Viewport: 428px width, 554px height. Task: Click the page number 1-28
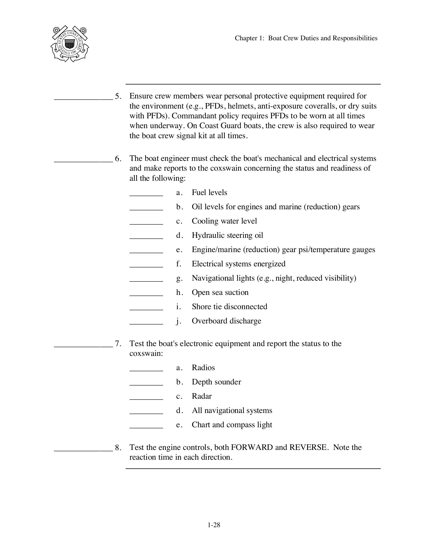(214, 525)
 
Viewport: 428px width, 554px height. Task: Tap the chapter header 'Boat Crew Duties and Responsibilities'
(306, 38)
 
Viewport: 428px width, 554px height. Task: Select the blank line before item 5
(83, 98)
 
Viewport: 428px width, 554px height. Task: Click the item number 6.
(118, 159)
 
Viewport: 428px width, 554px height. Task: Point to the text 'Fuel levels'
(209, 193)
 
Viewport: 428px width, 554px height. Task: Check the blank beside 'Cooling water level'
(146, 224)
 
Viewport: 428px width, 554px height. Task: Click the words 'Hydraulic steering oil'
(227, 235)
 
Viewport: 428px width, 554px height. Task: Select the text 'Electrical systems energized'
(238, 264)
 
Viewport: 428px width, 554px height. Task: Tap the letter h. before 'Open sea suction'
(179, 292)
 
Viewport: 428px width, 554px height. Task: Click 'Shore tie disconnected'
(229, 307)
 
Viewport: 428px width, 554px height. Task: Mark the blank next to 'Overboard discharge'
(146, 323)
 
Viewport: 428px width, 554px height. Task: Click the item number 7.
(118, 344)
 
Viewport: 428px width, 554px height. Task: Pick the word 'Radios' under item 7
(203, 368)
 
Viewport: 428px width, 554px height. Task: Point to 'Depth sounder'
(216, 382)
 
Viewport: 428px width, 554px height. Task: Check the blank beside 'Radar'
(146, 399)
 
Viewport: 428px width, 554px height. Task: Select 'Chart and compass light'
(232, 425)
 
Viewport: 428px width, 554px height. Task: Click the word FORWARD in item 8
(252, 447)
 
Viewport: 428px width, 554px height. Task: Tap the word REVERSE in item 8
(308, 447)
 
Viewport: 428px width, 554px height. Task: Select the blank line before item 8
(83, 450)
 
